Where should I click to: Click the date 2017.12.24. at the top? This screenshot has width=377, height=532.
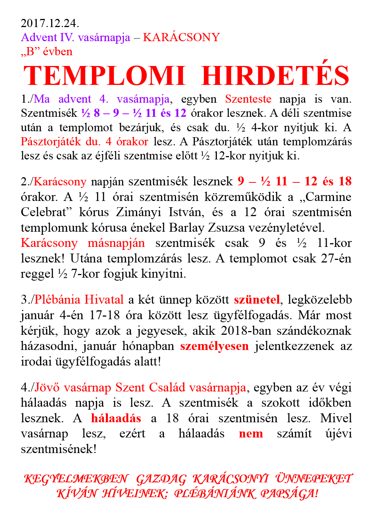click(50, 23)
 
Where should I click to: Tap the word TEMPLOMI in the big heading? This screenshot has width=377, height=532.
click(104, 76)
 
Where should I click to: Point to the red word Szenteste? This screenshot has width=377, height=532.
click(248, 99)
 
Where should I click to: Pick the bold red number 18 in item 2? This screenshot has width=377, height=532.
click(345, 181)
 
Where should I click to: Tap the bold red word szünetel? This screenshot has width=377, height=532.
click(257, 300)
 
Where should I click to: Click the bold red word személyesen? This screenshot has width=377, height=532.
click(214, 346)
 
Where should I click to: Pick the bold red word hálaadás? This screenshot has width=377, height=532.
click(116, 419)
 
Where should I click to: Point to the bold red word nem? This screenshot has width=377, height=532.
click(251, 434)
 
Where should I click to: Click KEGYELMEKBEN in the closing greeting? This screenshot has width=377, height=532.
click(76, 479)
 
